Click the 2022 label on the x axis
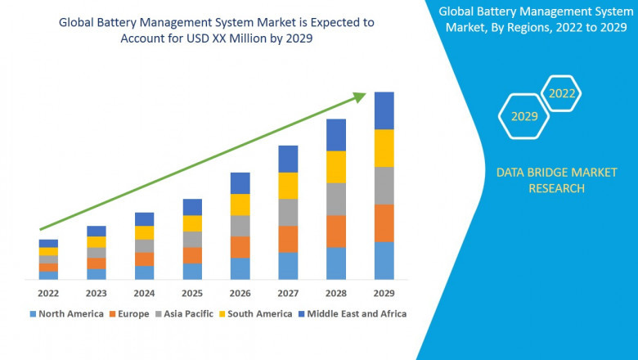coord(48,293)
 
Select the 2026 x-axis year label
coord(240,293)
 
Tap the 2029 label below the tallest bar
coord(384,293)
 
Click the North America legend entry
coord(67,313)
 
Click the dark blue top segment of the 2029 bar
coord(384,110)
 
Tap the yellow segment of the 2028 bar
coord(336,167)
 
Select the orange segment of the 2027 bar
coord(288,239)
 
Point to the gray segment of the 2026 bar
coord(240,226)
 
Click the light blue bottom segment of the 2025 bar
coord(192,271)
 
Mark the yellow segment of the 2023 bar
coord(97,242)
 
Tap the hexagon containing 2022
coord(562,93)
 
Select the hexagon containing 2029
coord(524,117)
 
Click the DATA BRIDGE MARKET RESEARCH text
coord(540,180)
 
